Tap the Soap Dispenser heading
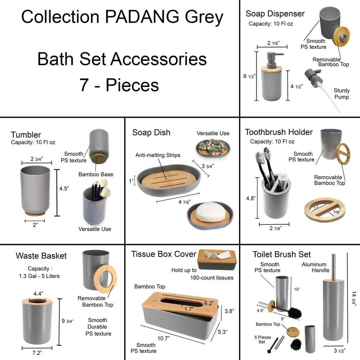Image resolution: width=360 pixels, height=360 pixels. click(x=275, y=14)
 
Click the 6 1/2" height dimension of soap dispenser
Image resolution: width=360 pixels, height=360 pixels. click(x=249, y=76)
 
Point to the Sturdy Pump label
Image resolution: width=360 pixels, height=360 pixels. click(x=341, y=94)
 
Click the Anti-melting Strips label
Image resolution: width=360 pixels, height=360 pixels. click(x=158, y=155)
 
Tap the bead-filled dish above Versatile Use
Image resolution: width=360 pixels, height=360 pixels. click(x=212, y=147)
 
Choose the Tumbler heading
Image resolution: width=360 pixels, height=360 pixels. click(x=26, y=135)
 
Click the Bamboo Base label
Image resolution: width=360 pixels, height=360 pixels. click(x=96, y=174)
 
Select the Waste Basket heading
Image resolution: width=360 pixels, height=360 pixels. click(x=41, y=256)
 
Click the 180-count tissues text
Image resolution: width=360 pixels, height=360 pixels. click(x=212, y=278)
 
